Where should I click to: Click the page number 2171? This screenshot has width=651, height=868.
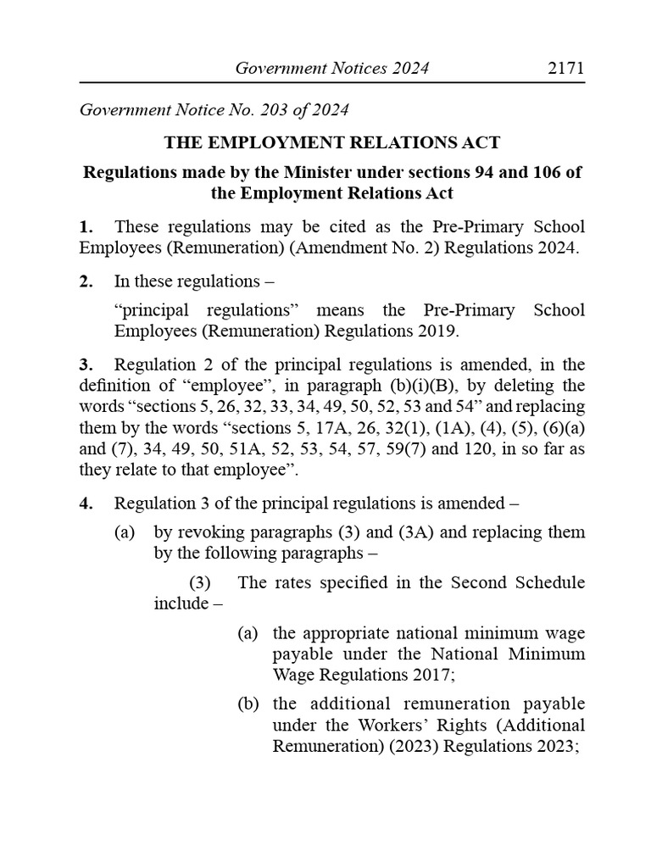[x=565, y=69]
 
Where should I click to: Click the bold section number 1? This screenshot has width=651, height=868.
[x=85, y=228]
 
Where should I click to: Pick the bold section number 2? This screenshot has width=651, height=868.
[x=85, y=281]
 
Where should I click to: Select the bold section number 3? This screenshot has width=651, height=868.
[x=85, y=365]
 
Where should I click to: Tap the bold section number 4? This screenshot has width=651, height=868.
[x=85, y=504]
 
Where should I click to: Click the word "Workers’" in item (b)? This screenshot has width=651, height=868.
[x=398, y=726]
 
